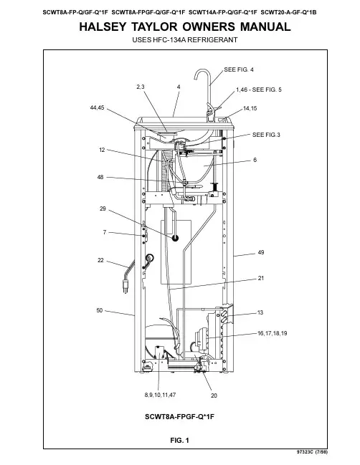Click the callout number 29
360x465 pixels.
pyautogui.click(x=103, y=208)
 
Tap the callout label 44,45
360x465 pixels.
pyautogui.click(x=97, y=107)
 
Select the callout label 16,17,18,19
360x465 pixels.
pyautogui.click(x=273, y=333)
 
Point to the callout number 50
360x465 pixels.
pyautogui.click(x=100, y=310)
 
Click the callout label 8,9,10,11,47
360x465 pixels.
pyautogui.click(x=160, y=395)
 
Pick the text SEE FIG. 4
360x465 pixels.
pyautogui.click(x=239, y=69)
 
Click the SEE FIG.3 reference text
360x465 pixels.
pyautogui.click(x=266, y=135)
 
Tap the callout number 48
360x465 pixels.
pyautogui.click(x=100, y=177)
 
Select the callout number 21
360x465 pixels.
pyautogui.click(x=261, y=278)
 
